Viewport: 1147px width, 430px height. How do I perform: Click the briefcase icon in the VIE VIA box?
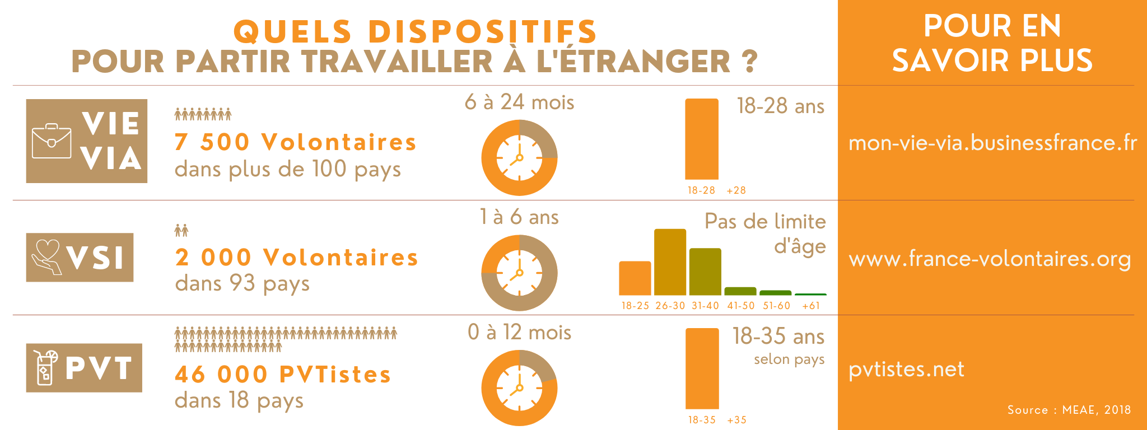[x=52, y=141]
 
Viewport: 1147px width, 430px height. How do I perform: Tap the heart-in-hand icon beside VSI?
[x=46, y=257]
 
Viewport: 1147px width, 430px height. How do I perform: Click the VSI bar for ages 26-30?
[x=670, y=262]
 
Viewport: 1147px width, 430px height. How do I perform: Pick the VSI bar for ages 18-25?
[x=635, y=278]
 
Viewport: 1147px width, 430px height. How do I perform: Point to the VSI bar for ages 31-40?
[x=705, y=272]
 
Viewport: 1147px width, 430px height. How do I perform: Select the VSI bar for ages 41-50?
[x=740, y=291]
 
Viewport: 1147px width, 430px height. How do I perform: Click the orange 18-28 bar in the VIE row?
[x=702, y=139]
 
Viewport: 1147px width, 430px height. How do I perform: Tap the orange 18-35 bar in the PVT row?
[x=702, y=368]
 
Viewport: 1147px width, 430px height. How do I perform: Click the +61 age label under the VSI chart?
[x=811, y=306]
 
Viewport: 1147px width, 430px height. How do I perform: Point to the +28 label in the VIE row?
[x=736, y=190]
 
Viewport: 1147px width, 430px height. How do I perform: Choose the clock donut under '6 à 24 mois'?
[x=519, y=158]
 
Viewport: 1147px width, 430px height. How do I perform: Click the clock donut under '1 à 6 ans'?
[x=519, y=273]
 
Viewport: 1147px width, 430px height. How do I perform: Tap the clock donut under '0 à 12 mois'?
[x=519, y=388]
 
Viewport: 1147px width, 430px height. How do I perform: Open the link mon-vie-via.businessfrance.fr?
[x=992, y=143]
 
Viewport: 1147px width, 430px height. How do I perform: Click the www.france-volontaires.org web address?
[x=990, y=259]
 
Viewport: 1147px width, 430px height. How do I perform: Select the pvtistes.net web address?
[x=906, y=370]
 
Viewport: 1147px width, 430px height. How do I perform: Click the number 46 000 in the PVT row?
[x=221, y=375]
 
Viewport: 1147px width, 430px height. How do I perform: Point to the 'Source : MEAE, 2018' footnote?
[x=1069, y=410]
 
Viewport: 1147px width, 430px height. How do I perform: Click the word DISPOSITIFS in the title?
[x=482, y=31]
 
